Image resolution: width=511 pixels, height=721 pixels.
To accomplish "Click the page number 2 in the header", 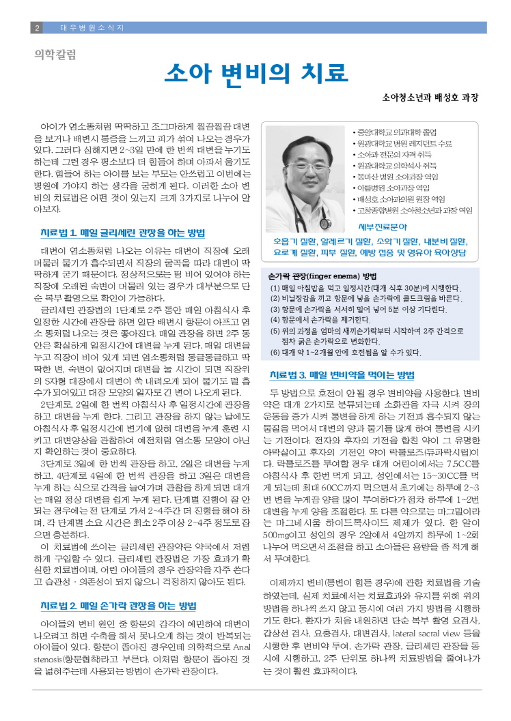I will point(37,28).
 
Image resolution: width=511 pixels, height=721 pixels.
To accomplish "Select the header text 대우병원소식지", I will point(92,28).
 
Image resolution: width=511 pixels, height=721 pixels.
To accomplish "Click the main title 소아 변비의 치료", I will point(255,72).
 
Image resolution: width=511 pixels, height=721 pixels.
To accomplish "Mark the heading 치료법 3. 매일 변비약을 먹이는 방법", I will point(342,374).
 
